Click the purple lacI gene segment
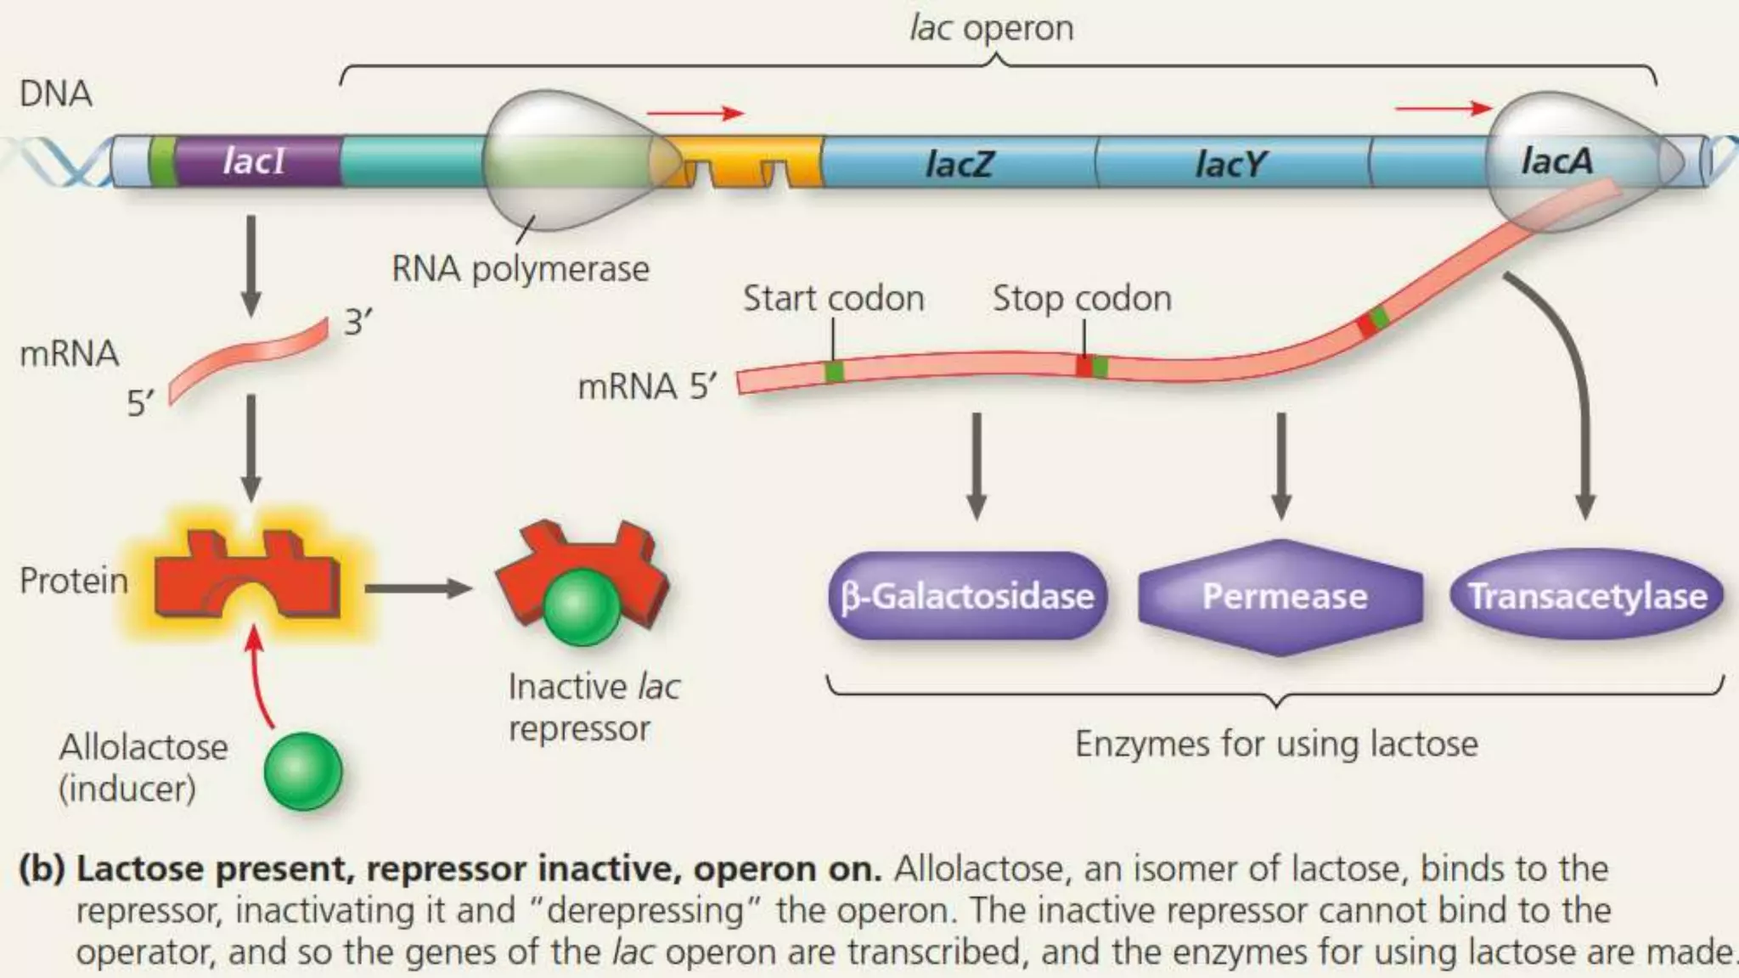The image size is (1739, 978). click(x=255, y=161)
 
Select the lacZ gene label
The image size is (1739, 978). click(x=958, y=163)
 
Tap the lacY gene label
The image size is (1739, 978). click(x=1230, y=163)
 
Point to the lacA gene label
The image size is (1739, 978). click(x=1556, y=160)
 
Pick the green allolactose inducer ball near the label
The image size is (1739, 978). click(x=302, y=771)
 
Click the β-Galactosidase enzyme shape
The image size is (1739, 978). click(x=967, y=596)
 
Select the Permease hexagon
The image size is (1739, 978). click(x=1282, y=597)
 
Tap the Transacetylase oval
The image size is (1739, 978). click(x=1586, y=596)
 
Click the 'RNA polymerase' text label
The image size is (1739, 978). click(x=520, y=269)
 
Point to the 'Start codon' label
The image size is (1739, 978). click(x=833, y=298)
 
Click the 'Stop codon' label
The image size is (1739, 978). click(x=1081, y=298)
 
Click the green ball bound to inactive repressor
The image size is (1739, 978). click(x=582, y=606)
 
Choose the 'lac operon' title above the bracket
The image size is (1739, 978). click(x=991, y=28)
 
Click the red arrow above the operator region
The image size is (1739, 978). click(x=695, y=113)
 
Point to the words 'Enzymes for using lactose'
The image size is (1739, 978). click(x=1275, y=744)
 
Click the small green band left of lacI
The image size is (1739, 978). click(x=160, y=161)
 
